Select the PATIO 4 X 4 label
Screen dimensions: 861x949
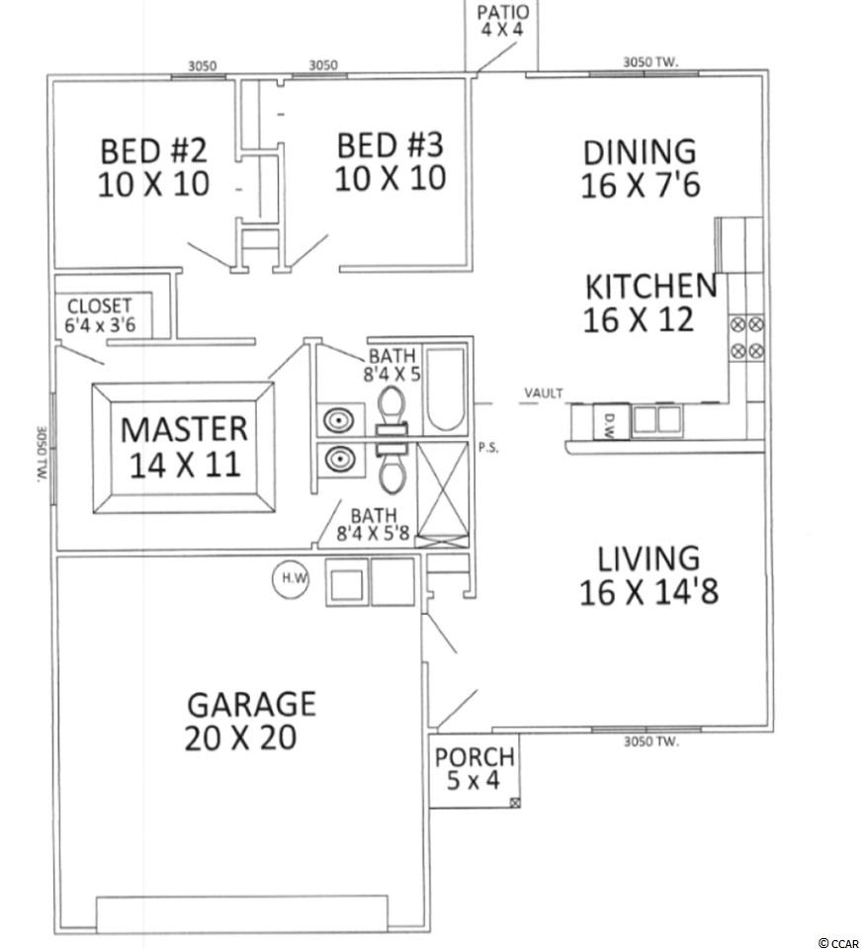point(502,21)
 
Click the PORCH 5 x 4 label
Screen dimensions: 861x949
point(474,768)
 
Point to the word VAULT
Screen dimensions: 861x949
point(544,393)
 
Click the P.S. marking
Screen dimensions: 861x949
point(488,449)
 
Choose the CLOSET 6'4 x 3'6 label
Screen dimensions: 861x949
point(100,314)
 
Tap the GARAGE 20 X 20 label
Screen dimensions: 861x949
point(250,721)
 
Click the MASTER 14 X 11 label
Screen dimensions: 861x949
point(184,447)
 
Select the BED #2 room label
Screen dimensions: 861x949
point(153,167)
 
